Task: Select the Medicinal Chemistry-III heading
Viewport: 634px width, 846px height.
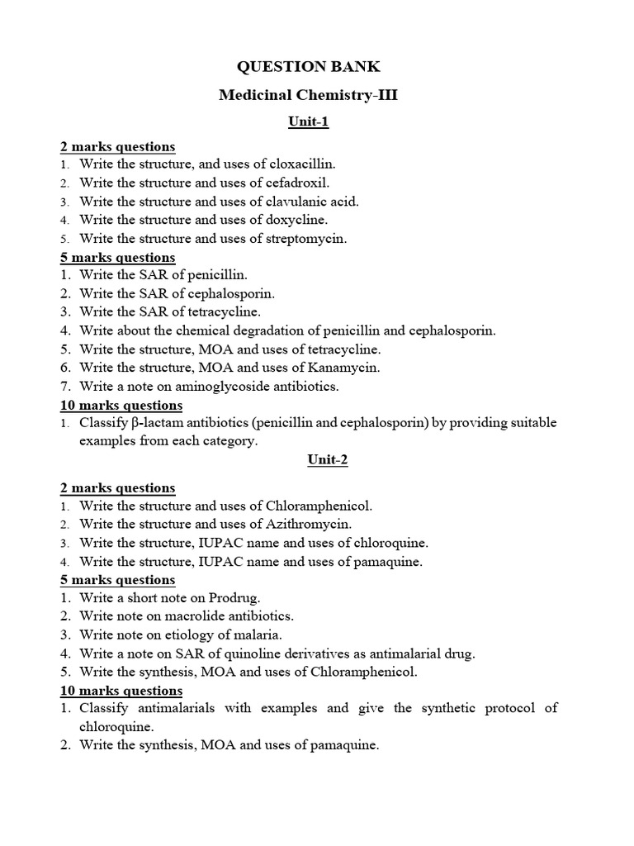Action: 308,95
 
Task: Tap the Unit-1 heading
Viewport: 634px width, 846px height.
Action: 308,122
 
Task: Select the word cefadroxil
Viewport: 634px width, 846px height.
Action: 296,183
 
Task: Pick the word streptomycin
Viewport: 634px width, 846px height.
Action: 306,238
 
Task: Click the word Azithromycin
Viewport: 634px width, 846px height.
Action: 310,524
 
